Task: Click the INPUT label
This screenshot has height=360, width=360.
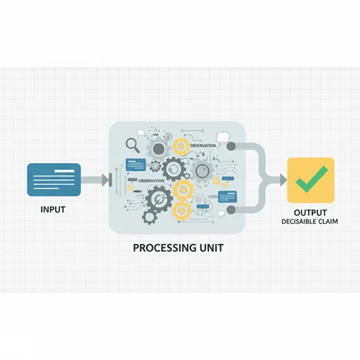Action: click(53, 210)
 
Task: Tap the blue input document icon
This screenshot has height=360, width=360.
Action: click(54, 179)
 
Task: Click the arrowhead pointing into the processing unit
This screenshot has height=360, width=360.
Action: click(105, 180)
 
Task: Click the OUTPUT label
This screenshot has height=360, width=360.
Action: click(310, 212)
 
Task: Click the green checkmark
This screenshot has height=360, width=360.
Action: click(311, 179)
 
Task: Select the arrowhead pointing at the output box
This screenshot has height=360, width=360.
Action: click(283, 180)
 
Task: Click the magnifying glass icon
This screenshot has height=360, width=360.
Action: click(133, 146)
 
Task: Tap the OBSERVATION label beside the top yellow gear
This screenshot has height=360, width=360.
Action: click(203, 146)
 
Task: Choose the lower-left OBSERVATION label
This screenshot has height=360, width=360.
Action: click(151, 181)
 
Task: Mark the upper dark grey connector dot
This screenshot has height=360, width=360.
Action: click(231, 146)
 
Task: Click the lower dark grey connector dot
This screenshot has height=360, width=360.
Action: click(231, 210)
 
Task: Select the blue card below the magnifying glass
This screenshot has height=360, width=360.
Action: click(136, 165)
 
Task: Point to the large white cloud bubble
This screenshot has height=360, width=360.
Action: click(223, 136)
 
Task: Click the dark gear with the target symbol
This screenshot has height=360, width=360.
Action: click(159, 198)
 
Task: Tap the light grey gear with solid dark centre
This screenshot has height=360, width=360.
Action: click(159, 149)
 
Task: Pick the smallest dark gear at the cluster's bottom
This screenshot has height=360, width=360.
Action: click(150, 217)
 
